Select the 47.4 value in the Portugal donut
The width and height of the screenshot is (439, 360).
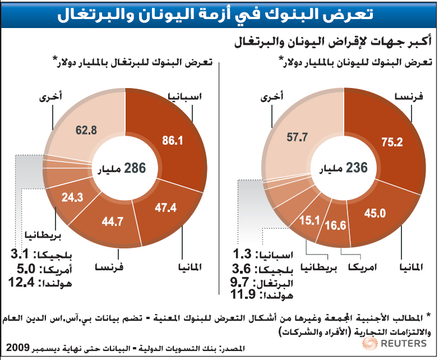pyautogui.click(x=167, y=208)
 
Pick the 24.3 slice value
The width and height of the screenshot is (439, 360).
pyautogui.click(x=72, y=197)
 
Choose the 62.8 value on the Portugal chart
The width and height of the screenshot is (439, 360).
pyautogui.click(x=86, y=130)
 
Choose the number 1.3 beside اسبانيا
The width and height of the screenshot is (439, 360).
pyautogui.click(x=246, y=253)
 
